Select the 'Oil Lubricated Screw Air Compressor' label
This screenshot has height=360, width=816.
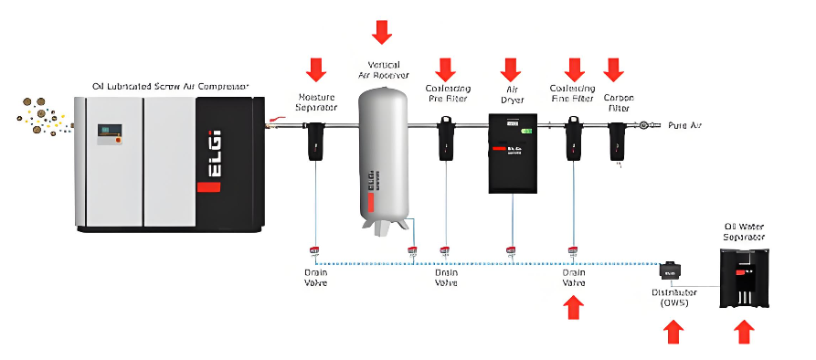pyautogui.click(x=171, y=87)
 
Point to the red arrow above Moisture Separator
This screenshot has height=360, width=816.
pyautogui.click(x=316, y=69)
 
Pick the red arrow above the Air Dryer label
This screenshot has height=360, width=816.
pyautogui.click(x=510, y=69)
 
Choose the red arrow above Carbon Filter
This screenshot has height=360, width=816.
pyautogui.click(x=613, y=69)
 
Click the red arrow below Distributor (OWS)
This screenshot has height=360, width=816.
pyautogui.click(x=673, y=331)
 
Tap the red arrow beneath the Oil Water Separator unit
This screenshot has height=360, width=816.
pyautogui.click(x=745, y=331)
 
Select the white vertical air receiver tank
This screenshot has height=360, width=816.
pyautogui.click(x=383, y=151)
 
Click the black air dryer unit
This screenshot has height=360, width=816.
pyautogui.click(x=511, y=153)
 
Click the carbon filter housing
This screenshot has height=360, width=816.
pyautogui.click(x=618, y=140)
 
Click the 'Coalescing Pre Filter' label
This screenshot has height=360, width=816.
pyautogui.click(x=446, y=93)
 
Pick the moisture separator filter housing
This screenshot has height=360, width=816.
pyautogui.click(x=316, y=140)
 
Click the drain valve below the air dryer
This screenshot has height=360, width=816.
pyautogui.click(x=511, y=249)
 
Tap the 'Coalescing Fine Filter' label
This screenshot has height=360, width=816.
pyautogui.click(x=573, y=93)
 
